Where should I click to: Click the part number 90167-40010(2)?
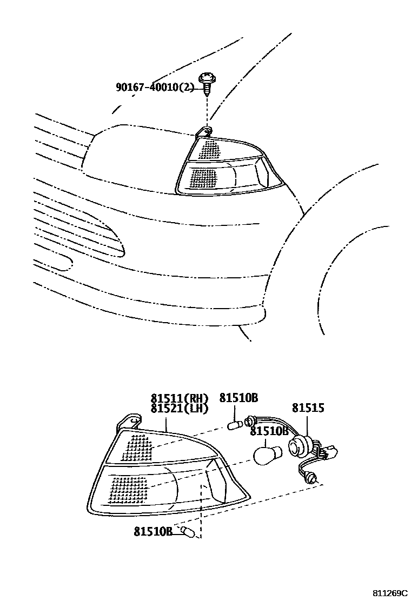point(155,87)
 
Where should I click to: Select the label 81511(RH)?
point(180,399)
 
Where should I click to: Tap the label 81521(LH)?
point(180,409)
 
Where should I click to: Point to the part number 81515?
point(308,408)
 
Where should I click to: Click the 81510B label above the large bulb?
point(269,431)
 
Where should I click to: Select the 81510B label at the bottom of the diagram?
point(153,531)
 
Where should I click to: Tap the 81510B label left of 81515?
point(238,398)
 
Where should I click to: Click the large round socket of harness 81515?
point(297,446)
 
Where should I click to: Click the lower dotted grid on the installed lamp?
point(204,176)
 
